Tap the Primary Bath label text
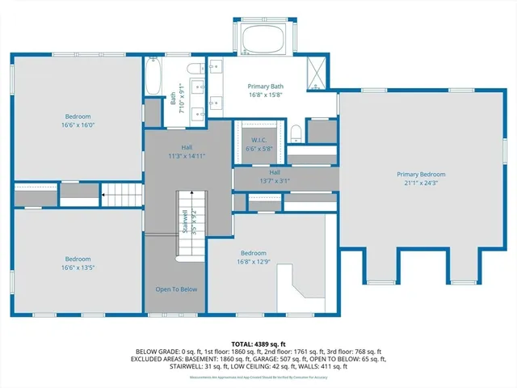click(x=264, y=86)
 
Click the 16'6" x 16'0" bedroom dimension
click(x=78, y=125)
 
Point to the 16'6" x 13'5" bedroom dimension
click(x=78, y=268)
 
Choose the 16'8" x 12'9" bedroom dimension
click(x=253, y=261)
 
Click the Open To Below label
click(x=176, y=289)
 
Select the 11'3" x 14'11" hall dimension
click(x=187, y=155)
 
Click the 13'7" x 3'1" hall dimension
click(x=274, y=181)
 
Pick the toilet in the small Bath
click(x=195, y=69)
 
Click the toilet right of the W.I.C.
click(x=296, y=133)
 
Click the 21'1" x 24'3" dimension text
click(x=420, y=183)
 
